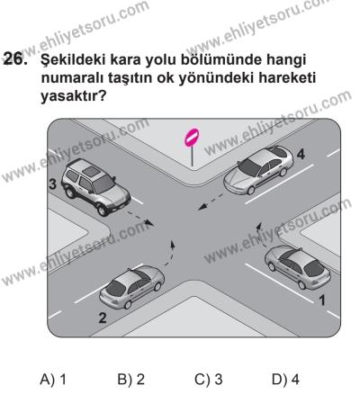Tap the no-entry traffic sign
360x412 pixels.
coord(190,139)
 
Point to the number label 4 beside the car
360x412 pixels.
coord(301,154)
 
